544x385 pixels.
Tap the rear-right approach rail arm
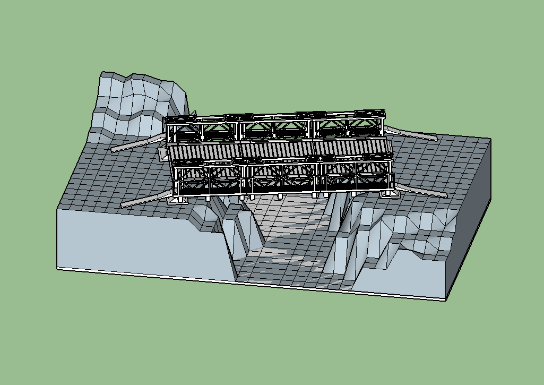[x=411, y=133]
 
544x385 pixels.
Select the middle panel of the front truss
[x=281, y=178]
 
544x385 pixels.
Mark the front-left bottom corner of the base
[x=57, y=267]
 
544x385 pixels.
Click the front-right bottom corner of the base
[x=445, y=301]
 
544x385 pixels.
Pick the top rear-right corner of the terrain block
[x=490, y=139]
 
